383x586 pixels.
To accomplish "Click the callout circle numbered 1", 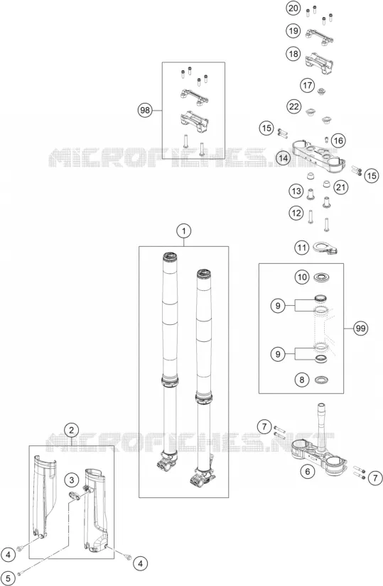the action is pyautogui.click(x=183, y=231).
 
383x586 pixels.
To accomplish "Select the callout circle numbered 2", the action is pyautogui.click(x=71, y=430).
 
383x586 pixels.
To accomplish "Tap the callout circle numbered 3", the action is pyautogui.click(x=72, y=480).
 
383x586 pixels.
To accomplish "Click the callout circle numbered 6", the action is pyautogui.click(x=308, y=472).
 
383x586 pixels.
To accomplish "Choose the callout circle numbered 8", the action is pyautogui.click(x=302, y=380).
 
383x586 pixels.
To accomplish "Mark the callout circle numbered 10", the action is pyautogui.click(x=302, y=277).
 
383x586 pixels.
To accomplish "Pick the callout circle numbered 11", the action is pyautogui.click(x=302, y=247).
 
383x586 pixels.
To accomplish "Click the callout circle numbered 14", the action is pyautogui.click(x=283, y=158).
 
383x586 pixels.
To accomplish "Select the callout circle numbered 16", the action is pyautogui.click(x=338, y=140).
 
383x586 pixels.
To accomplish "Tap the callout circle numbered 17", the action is pyautogui.click(x=308, y=86).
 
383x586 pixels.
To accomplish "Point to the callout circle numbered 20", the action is pyautogui.click(x=293, y=9).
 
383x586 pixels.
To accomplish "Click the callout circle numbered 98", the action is pyautogui.click(x=144, y=110).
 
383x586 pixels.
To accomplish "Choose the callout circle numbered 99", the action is pyautogui.click(x=360, y=328).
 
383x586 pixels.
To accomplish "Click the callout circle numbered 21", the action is pyautogui.click(x=340, y=187).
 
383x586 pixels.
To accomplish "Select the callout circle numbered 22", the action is pyautogui.click(x=294, y=107).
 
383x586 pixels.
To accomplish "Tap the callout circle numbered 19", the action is pyautogui.click(x=293, y=31).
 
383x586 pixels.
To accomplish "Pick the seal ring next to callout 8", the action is pyautogui.click(x=322, y=380).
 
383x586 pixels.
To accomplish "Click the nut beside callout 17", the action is pyautogui.click(x=321, y=90).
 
